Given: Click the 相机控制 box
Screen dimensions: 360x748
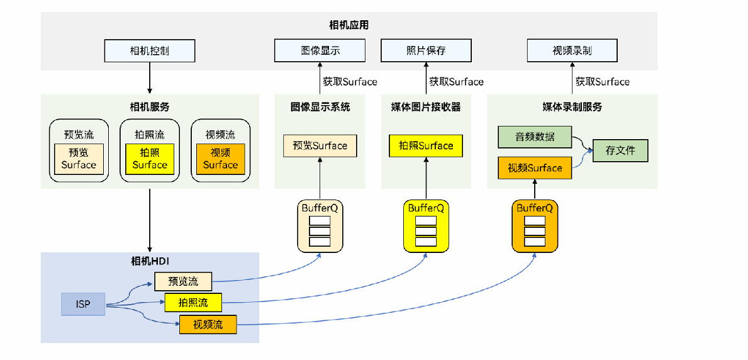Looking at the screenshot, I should click(x=150, y=51).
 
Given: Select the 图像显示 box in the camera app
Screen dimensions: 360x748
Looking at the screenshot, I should click(x=320, y=51).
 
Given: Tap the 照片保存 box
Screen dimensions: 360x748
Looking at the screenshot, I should click(x=426, y=51).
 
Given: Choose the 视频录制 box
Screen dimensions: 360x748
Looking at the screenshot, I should click(x=572, y=51).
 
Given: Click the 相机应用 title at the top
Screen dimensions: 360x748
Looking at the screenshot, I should click(x=349, y=26).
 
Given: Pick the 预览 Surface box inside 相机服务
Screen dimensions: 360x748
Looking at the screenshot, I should click(x=79, y=159).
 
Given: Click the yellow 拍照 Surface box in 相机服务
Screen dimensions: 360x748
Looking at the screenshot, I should click(x=150, y=159).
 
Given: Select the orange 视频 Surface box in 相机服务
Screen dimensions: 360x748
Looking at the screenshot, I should click(x=220, y=159).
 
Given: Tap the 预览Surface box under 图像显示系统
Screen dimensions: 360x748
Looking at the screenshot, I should click(x=320, y=145).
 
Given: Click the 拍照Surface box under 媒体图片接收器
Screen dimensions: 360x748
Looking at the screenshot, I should click(x=427, y=145).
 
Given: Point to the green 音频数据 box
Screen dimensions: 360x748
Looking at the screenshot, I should click(x=535, y=137).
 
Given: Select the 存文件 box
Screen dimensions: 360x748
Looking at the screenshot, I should click(x=620, y=150).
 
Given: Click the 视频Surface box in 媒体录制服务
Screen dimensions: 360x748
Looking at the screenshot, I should click(x=535, y=168).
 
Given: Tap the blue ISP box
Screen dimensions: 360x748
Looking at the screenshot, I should click(x=83, y=305).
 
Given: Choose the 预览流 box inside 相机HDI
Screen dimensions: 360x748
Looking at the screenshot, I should click(x=183, y=281).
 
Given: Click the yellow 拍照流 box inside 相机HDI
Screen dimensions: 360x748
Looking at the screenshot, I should click(x=193, y=303).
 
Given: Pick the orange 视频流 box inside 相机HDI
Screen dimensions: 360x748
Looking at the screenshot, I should click(x=208, y=325).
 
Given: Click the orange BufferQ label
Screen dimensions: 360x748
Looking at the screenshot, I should click(x=534, y=208).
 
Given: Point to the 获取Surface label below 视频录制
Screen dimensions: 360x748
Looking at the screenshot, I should click(x=602, y=82).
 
